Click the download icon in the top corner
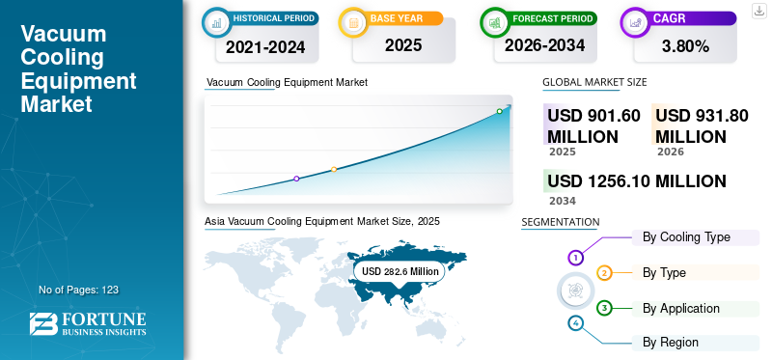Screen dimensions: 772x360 758,11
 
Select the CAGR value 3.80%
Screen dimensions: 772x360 685,46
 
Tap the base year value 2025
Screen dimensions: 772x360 403,45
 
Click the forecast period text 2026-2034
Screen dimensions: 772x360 544,45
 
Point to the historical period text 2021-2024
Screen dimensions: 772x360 265,46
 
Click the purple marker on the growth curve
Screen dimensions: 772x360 296,179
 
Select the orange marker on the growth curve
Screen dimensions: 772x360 334,170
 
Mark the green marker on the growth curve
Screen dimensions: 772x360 499,111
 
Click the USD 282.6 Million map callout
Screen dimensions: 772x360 400,271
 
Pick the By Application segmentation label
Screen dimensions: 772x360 681,308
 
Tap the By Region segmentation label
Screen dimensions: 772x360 671,342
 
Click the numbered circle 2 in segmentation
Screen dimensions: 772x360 604,273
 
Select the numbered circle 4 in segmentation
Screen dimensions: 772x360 575,323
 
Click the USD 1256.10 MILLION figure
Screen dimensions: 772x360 637,181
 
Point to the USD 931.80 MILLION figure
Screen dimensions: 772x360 702,126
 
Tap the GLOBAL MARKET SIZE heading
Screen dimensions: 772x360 594,82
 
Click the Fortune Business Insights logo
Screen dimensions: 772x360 88,323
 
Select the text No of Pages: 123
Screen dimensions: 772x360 78,290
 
